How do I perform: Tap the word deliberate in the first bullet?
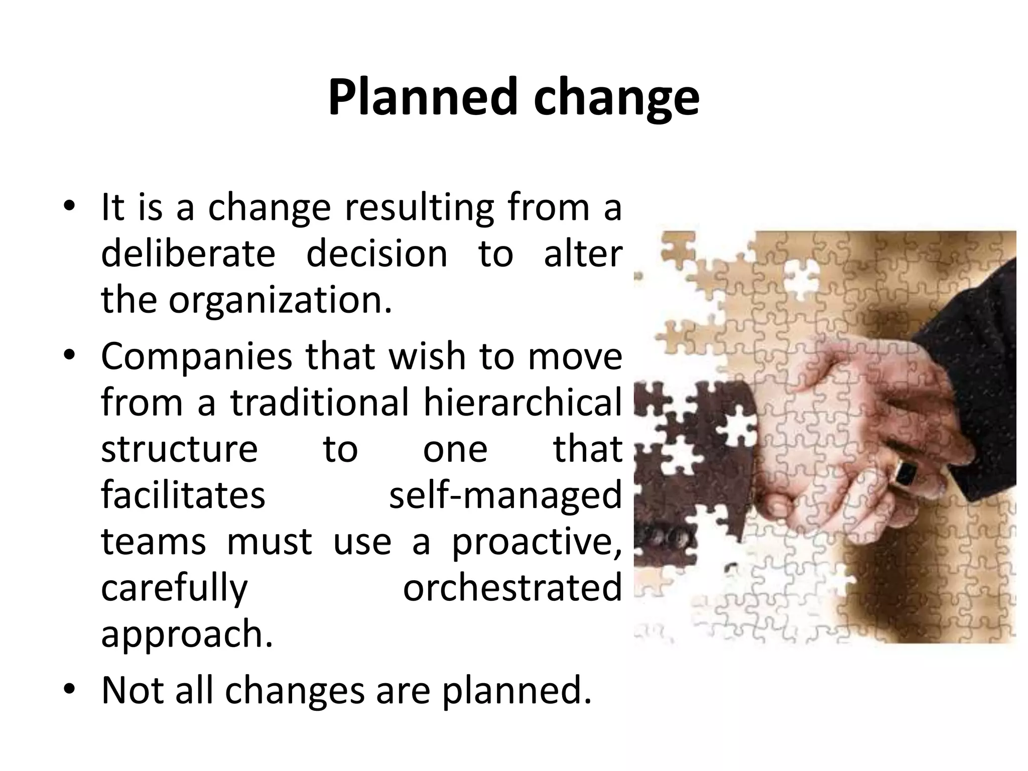click(188, 254)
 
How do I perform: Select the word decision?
click(376, 254)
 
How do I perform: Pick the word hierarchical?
click(523, 403)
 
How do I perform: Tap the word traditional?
click(320, 403)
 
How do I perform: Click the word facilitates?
click(183, 495)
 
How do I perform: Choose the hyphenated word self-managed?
click(505, 496)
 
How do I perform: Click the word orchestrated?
click(512, 588)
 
